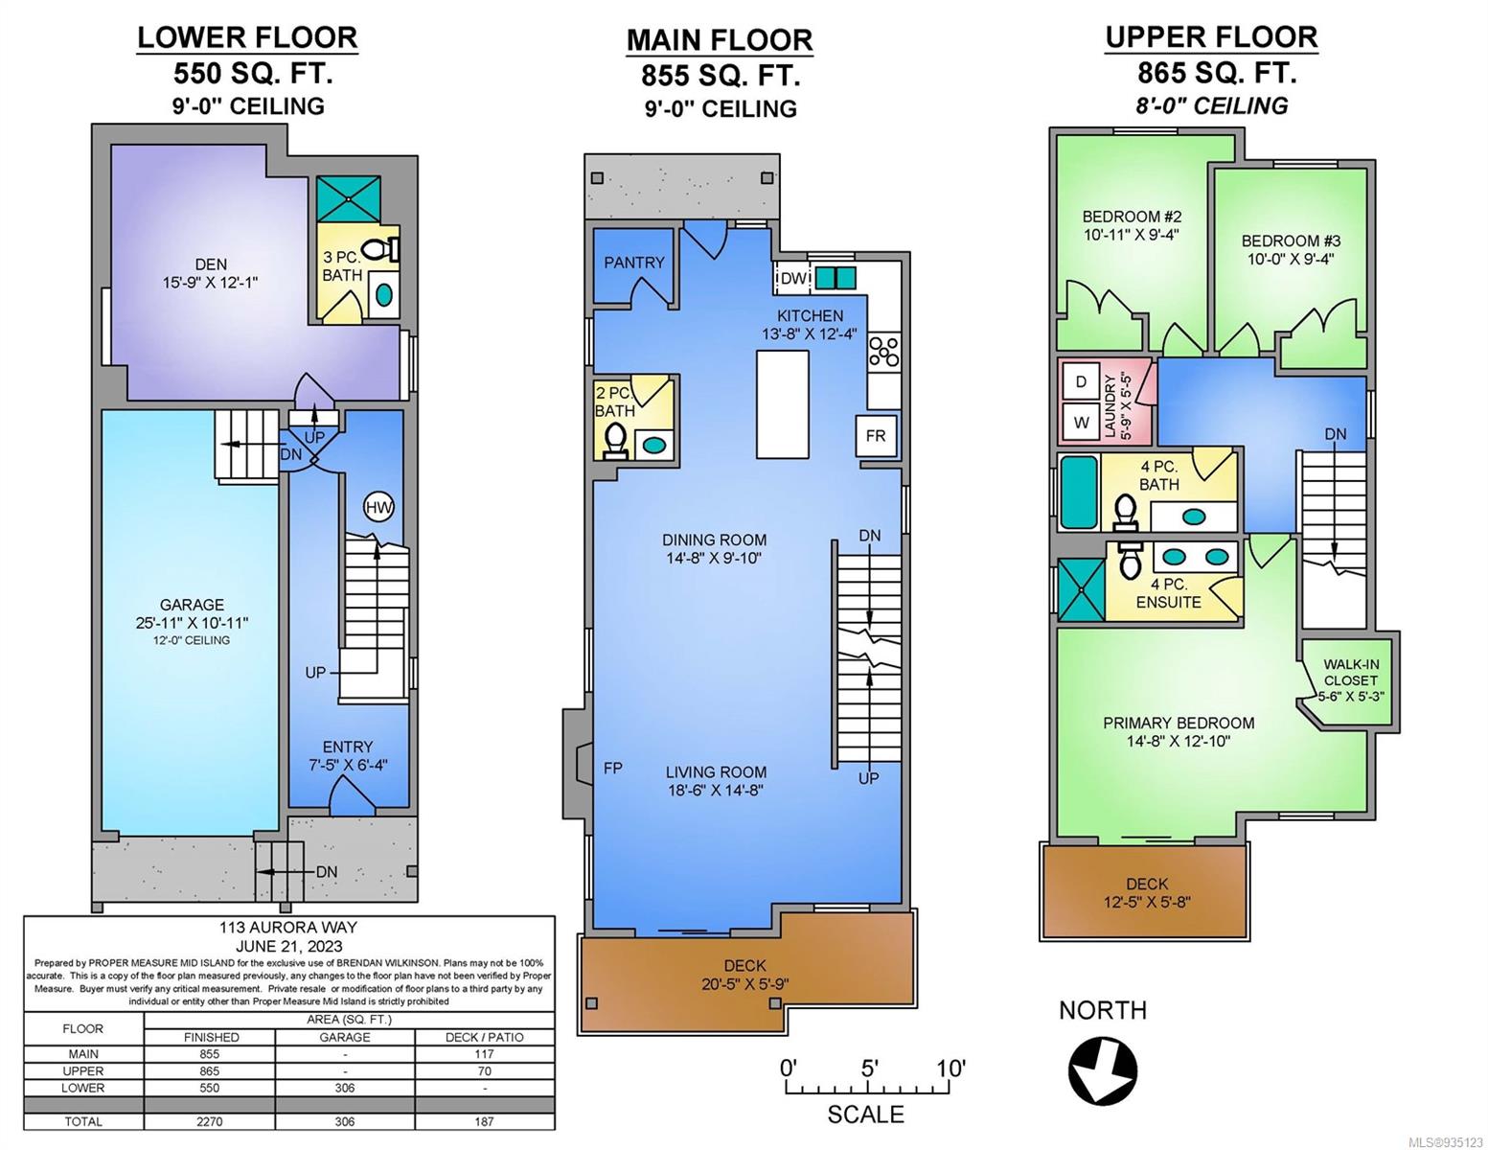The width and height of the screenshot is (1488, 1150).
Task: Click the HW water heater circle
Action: tap(378, 508)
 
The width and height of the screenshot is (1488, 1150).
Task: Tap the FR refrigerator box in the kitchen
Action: tap(875, 436)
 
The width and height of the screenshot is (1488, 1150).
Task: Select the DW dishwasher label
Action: tap(793, 279)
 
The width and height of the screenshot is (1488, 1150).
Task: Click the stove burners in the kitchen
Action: tap(884, 352)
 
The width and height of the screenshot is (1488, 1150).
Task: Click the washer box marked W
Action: tap(1081, 423)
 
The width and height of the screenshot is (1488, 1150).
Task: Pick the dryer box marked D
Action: tap(1081, 382)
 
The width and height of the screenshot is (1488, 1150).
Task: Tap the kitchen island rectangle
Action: tap(782, 404)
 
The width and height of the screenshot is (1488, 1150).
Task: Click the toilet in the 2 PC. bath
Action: tap(614, 441)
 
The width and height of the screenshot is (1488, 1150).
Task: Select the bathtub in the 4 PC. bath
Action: tap(1079, 492)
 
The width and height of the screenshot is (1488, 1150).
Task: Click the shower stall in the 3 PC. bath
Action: tap(348, 200)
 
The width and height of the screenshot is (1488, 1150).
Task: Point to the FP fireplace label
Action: tap(613, 768)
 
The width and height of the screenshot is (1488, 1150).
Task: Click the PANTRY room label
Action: tap(634, 263)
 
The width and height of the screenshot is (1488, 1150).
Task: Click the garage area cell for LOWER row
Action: tap(345, 1088)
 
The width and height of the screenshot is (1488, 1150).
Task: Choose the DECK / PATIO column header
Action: tap(484, 1037)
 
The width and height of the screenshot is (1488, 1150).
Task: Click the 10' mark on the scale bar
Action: tap(951, 1069)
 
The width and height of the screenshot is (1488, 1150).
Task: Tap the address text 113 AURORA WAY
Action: tap(288, 928)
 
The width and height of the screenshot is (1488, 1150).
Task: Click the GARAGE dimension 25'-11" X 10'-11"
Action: tap(192, 623)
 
